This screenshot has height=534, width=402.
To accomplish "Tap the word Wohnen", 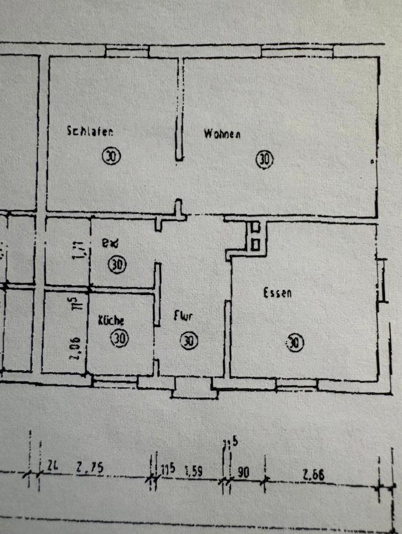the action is point(222,134).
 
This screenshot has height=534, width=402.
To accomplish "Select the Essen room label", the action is point(277,293).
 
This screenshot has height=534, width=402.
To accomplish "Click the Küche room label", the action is point(111,320).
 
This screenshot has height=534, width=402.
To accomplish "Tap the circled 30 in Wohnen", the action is point(264,160).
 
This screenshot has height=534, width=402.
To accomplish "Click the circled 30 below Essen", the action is point(295,343).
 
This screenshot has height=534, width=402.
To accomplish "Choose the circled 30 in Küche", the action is point(120,338).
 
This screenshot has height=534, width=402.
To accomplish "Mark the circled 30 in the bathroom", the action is point(116,265).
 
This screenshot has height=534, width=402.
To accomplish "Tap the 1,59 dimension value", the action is point(192,472).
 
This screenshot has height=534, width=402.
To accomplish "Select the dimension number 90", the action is point(243,472).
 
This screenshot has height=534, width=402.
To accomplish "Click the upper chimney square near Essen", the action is point(256,227).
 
